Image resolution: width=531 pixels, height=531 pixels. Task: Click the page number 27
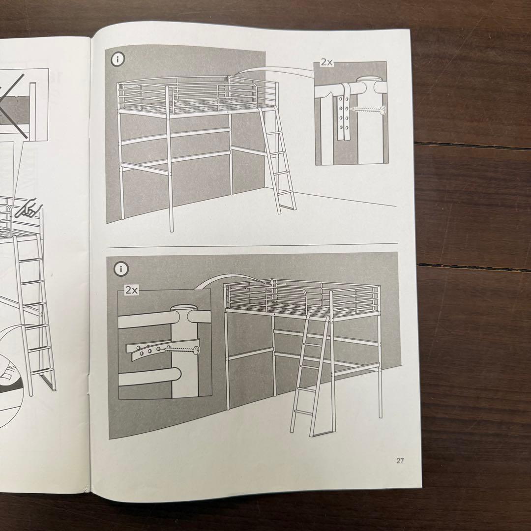pyautogui.click(x=400, y=461)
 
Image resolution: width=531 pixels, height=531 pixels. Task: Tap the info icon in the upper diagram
pyautogui.click(x=118, y=59)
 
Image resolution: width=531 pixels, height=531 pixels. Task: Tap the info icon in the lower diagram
pyautogui.click(x=121, y=269)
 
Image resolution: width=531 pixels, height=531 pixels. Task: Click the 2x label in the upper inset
pyautogui.click(x=326, y=62)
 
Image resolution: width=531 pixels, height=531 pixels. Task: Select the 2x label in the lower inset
pyautogui.click(x=131, y=290)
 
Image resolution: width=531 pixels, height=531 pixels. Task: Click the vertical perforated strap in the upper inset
pyautogui.click(x=350, y=111)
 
